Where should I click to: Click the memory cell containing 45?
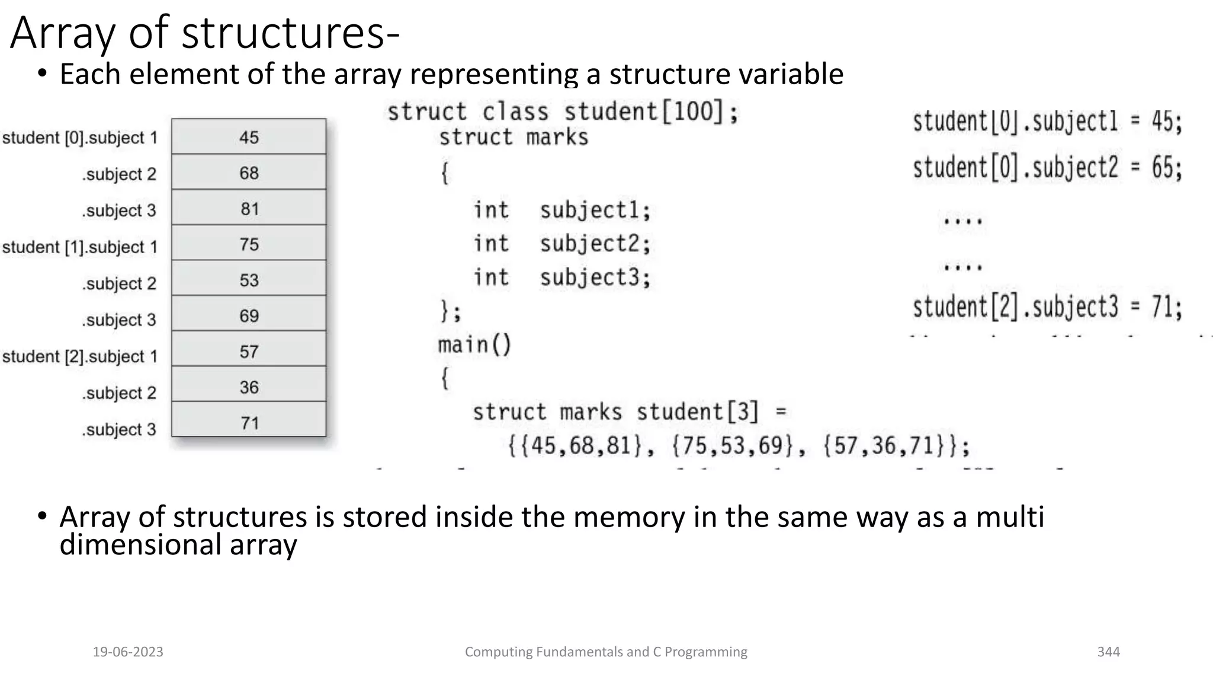point(249,137)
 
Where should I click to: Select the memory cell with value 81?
point(249,209)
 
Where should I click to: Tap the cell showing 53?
point(249,280)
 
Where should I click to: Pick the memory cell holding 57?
point(249,352)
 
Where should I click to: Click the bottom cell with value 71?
point(249,423)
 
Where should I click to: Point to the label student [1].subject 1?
point(80,247)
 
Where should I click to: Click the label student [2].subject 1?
point(80,356)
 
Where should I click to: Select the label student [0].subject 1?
point(80,138)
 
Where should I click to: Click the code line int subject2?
point(561,244)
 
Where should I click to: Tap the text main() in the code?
point(474,344)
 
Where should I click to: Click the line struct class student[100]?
point(563,111)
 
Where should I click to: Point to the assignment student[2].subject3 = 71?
point(1047,307)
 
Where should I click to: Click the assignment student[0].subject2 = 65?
point(1047,167)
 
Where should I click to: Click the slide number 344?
point(1108,652)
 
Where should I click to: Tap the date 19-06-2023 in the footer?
point(128,652)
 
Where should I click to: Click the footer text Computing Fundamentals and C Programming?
point(606,652)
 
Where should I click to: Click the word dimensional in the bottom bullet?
point(140,544)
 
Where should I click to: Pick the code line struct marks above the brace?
point(514,138)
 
